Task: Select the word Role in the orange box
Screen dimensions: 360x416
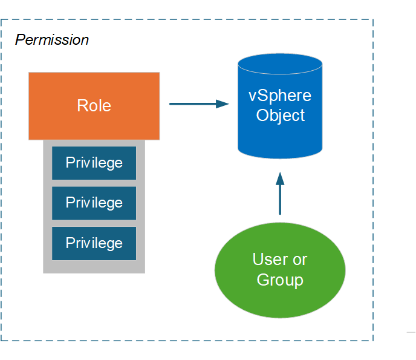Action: [x=94, y=106]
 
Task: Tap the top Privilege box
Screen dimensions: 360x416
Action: [x=94, y=163]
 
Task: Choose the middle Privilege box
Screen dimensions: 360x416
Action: [x=94, y=203]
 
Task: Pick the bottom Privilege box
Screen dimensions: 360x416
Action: [x=94, y=243]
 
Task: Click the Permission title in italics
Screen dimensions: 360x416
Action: [x=52, y=40]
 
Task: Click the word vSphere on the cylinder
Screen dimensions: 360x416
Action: [x=280, y=96]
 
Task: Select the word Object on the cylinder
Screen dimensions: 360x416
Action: [x=280, y=115]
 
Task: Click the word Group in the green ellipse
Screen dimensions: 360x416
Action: [x=280, y=280]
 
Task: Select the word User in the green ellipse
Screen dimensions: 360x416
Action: [x=270, y=260]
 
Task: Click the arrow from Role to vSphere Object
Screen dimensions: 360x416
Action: [x=193, y=104]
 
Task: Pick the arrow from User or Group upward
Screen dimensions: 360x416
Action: [x=280, y=197]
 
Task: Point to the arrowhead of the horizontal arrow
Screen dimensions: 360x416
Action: [x=223, y=104]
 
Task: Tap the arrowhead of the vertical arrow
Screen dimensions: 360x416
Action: [x=280, y=178]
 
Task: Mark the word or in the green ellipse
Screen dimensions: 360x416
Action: [x=299, y=260]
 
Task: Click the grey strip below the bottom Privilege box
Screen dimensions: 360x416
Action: [x=94, y=267]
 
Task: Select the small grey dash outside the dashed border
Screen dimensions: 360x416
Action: [x=411, y=332]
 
